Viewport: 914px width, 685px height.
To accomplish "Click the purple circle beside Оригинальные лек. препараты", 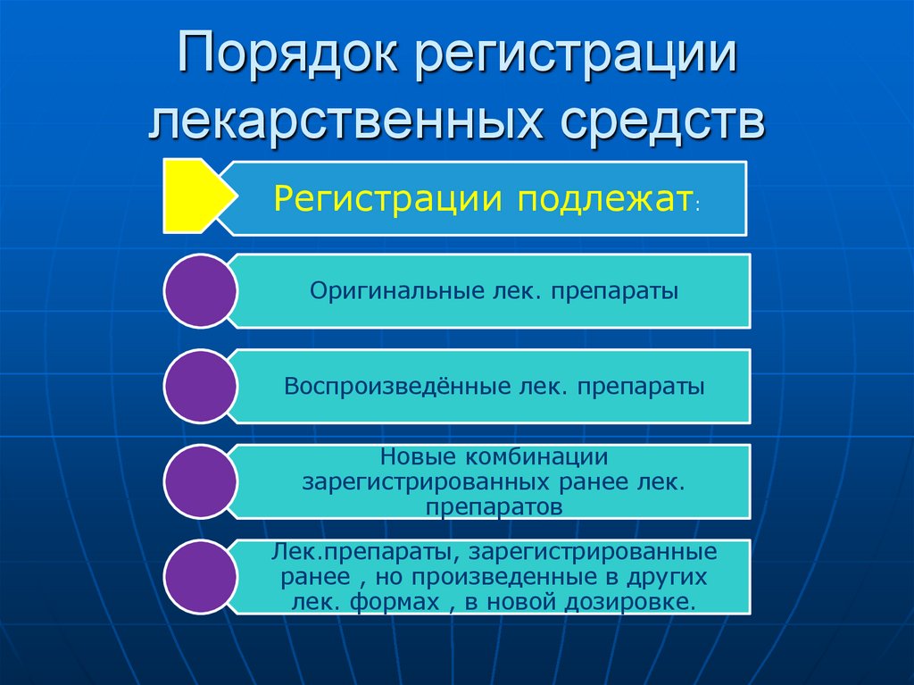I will click(201, 290).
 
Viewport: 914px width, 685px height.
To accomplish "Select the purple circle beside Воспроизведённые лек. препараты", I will click(201, 386).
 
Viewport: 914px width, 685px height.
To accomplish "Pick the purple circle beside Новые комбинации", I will click(201, 481).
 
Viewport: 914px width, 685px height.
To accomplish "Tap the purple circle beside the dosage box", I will click(201, 577).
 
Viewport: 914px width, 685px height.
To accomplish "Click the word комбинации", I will click(536, 456).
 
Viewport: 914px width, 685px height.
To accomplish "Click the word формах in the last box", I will click(397, 602).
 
